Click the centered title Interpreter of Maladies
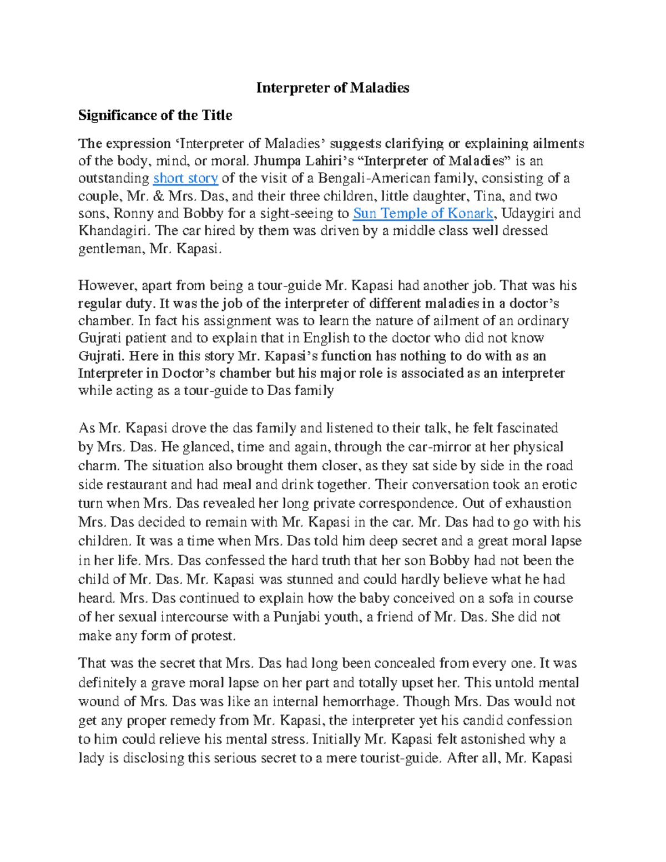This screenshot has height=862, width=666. tap(332, 88)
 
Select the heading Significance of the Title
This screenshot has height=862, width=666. tap(155, 115)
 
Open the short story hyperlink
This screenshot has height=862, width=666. tap(185, 178)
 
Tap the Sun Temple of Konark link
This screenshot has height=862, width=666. tap(423, 214)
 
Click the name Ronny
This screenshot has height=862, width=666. tap(133, 214)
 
